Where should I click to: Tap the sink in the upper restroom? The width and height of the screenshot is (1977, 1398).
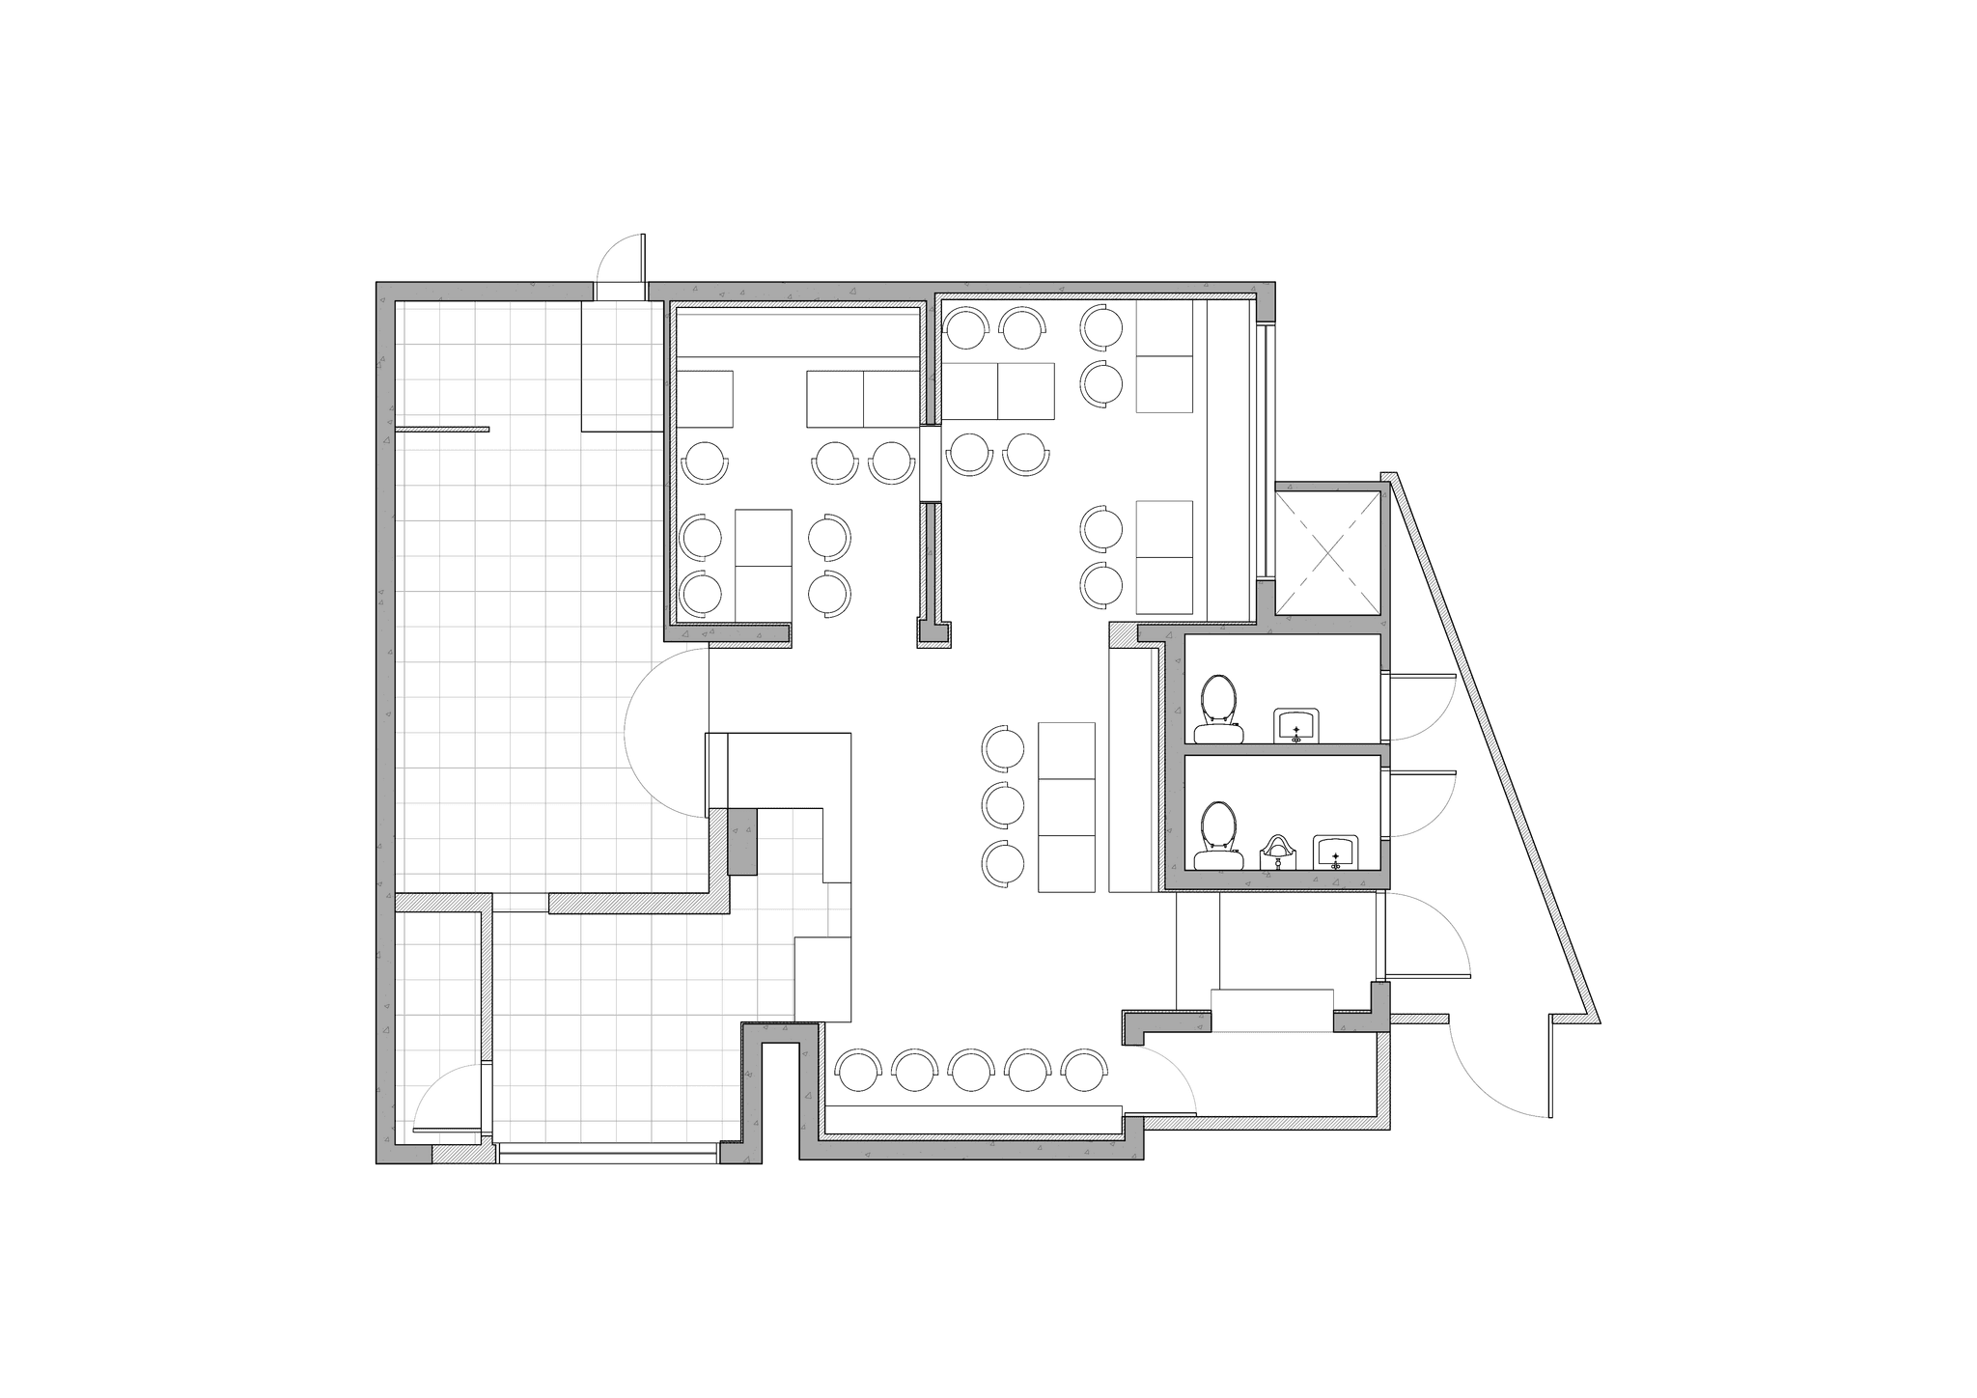point(1295,724)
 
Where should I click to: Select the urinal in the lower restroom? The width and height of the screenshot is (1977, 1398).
point(1277,852)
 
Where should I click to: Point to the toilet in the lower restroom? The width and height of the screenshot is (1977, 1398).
point(1218,835)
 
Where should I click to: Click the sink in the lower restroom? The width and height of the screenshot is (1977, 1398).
point(1335,852)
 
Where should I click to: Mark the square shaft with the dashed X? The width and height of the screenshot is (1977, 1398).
point(1328,551)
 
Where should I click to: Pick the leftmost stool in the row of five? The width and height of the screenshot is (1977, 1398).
point(858,1071)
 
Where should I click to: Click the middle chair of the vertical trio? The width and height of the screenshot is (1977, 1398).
point(1004,804)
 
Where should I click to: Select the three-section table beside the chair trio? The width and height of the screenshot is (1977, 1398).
point(1067,807)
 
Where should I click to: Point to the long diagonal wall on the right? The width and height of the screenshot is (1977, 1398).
point(1491,748)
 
